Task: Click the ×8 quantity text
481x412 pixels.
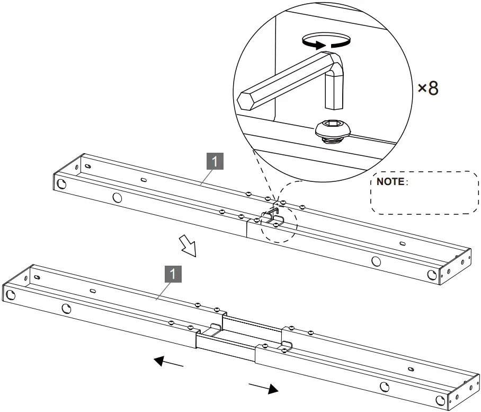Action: click(428, 88)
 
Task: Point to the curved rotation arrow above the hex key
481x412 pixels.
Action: click(325, 41)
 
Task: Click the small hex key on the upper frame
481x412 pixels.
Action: click(270, 214)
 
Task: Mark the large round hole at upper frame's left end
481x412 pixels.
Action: click(61, 184)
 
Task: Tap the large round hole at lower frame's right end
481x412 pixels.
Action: click(439, 400)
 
